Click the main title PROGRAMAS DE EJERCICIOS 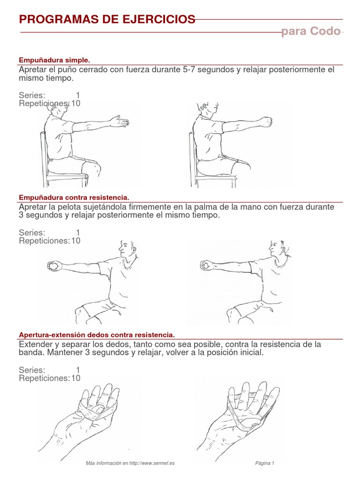click(x=107, y=19)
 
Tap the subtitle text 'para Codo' click(x=310, y=31)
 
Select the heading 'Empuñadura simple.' click(x=54, y=60)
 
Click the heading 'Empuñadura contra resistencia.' click(x=74, y=197)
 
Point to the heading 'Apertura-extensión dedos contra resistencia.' click(x=97, y=335)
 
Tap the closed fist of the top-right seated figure click(x=266, y=121)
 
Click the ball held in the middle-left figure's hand click(x=53, y=266)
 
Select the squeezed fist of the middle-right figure click(x=205, y=266)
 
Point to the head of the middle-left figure click(x=126, y=248)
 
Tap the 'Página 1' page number click(x=265, y=463)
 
